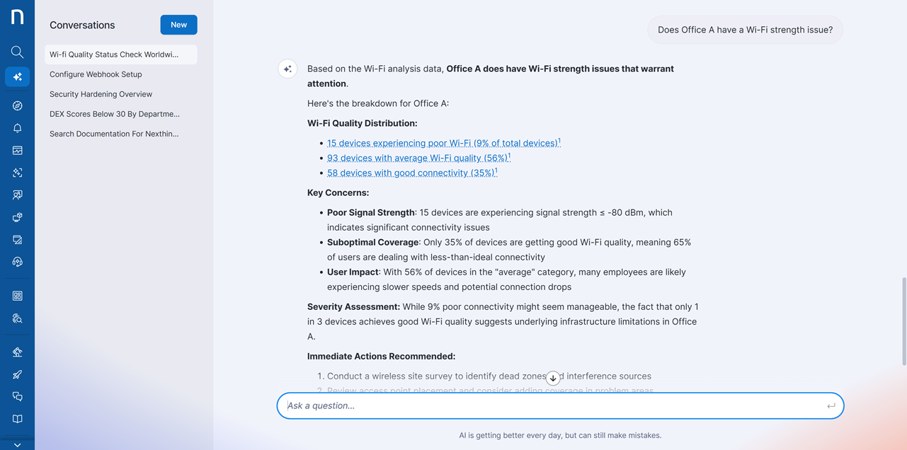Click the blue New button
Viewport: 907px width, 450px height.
pyautogui.click(x=178, y=25)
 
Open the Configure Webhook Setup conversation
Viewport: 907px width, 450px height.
pyautogui.click(x=96, y=74)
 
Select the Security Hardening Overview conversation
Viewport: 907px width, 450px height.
pyautogui.click(x=101, y=94)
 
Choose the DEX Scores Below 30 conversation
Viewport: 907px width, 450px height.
pyautogui.click(x=114, y=114)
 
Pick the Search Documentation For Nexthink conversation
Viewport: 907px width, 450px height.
pyautogui.click(x=113, y=134)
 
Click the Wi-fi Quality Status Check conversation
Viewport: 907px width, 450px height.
pyautogui.click(x=114, y=54)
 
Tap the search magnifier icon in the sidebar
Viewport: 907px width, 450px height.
pyautogui.click(x=17, y=52)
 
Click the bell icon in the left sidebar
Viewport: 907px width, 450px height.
pyautogui.click(x=17, y=128)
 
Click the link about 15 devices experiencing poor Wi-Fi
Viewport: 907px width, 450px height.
pyautogui.click(x=443, y=143)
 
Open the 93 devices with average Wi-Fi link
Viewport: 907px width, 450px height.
pyautogui.click(x=418, y=158)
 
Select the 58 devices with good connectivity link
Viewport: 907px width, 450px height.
pyautogui.click(x=411, y=173)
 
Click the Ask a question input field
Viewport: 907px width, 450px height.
pyautogui.click(x=552, y=405)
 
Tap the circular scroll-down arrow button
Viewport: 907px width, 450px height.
pyautogui.click(x=553, y=378)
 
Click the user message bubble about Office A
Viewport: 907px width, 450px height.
pyautogui.click(x=745, y=30)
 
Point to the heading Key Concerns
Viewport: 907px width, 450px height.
pyautogui.click(x=338, y=192)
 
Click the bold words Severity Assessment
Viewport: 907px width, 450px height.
pyautogui.click(x=353, y=306)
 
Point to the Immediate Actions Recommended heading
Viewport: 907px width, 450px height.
pyautogui.click(x=381, y=356)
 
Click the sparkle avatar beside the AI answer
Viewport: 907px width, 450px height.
pyautogui.click(x=287, y=69)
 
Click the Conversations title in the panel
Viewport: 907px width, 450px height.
pyautogui.click(x=82, y=25)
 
